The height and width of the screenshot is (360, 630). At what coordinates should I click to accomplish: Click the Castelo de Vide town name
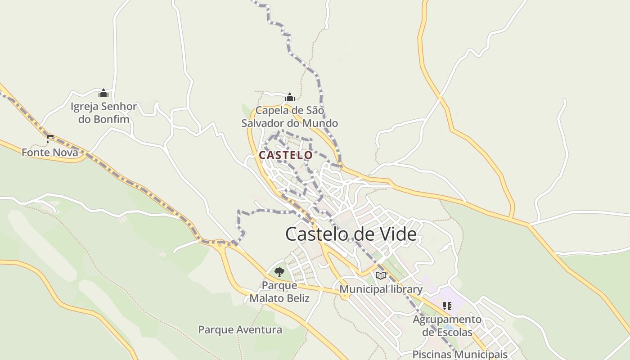[351, 234]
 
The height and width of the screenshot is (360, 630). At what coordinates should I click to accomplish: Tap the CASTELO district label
[285, 155]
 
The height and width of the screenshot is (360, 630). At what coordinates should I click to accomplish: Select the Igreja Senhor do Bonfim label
[104, 113]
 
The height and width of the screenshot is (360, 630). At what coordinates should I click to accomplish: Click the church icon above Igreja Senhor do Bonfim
[103, 93]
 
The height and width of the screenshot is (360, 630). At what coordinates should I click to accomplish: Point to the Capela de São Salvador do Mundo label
[289, 117]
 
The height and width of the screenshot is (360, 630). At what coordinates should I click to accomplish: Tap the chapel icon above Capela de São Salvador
[290, 97]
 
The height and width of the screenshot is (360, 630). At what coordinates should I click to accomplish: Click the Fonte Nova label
[49, 153]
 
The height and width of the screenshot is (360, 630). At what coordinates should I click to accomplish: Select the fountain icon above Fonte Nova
[49, 138]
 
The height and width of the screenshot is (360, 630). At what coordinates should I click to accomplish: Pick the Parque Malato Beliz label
[279, 292]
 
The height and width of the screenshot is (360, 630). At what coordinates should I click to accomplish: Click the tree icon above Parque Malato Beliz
[279, 272]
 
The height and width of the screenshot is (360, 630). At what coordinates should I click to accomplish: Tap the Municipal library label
[381, 289]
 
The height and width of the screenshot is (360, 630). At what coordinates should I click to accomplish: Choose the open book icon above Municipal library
[381, 275]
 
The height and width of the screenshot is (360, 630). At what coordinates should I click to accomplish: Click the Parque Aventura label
[240, 330]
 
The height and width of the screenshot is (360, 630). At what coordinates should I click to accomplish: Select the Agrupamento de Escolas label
[447, 326]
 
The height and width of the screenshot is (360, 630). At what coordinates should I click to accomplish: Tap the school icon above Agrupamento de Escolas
[447, 306]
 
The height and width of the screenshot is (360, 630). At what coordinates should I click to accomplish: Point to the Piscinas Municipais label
[460, 354]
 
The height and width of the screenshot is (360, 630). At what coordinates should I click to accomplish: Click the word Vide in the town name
[394, 234]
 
